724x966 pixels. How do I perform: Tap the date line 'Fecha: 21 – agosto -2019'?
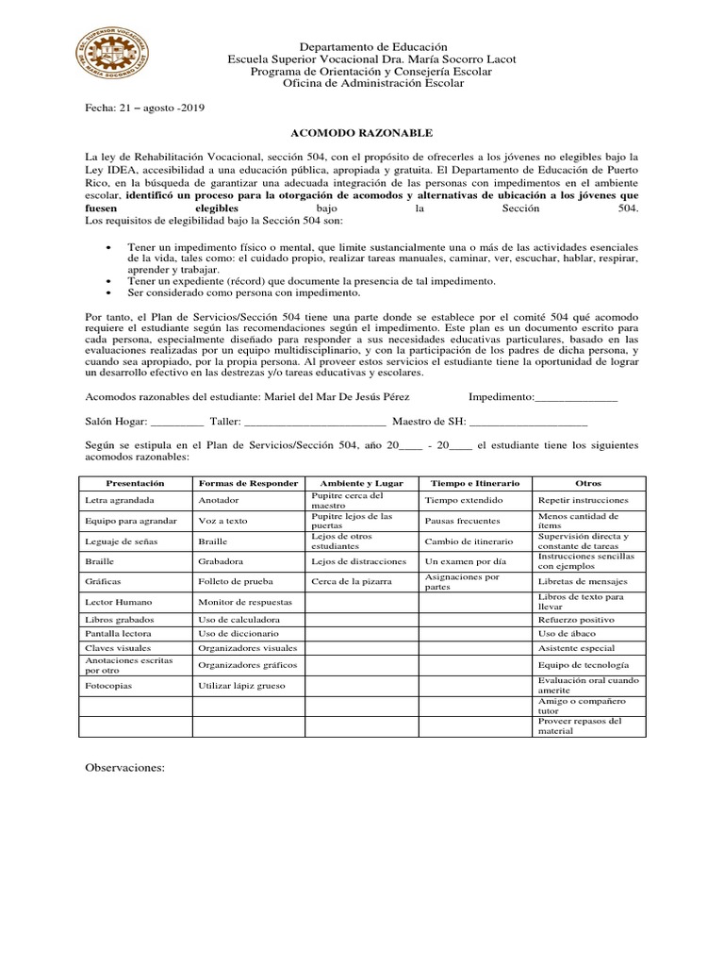point(145,108)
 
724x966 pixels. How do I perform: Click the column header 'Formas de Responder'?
point(249,483)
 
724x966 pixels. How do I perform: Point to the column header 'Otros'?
point(588,483)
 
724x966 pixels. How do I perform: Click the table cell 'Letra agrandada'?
point(120,500)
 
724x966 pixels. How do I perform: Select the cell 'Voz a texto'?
point(222,521)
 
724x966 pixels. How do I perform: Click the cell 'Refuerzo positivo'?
point(575,620)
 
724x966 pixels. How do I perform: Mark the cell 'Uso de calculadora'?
point(238,620)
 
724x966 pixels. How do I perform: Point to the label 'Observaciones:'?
point(124,768)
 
